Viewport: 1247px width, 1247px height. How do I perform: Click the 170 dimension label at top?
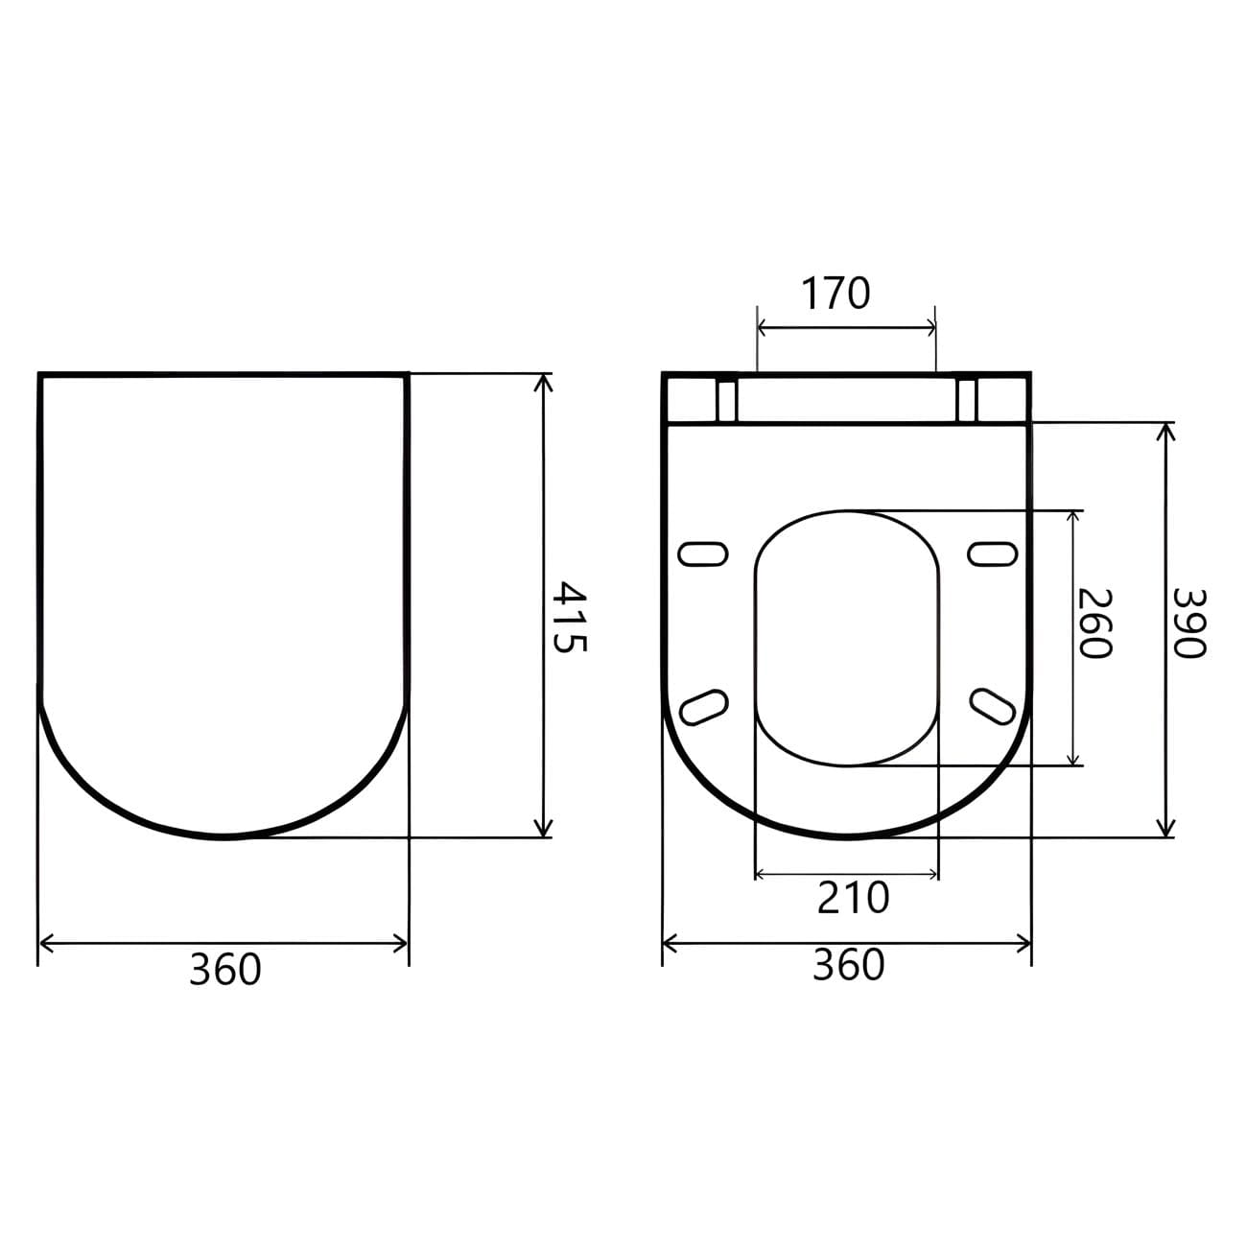[x=836, y=294]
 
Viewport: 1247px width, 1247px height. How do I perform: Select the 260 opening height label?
[x=1094, y=623]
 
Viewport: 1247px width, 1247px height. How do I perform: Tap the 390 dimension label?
[x=1188, y=623]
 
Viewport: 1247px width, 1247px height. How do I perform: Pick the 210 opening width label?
[x=854, y=898]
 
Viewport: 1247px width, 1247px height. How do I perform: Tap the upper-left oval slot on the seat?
[x=703, y=553]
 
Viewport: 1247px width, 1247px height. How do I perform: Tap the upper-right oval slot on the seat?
[x=993, y=553]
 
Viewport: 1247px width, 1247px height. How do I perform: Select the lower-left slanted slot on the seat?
[x=705, y=706]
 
